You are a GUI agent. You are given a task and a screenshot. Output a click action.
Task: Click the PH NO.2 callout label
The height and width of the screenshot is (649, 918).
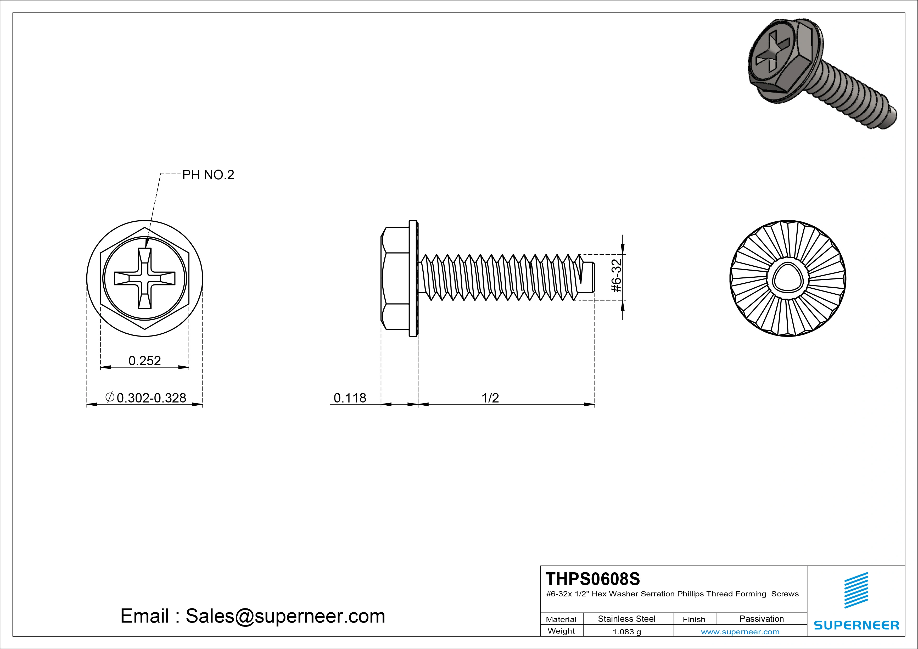[208, 175]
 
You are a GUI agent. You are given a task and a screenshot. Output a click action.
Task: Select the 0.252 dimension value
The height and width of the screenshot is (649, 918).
[144, 361]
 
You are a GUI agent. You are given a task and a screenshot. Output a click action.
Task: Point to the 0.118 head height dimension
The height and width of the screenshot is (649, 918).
[350, 398]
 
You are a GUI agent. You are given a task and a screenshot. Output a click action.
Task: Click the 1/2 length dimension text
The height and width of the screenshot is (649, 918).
[490, 398]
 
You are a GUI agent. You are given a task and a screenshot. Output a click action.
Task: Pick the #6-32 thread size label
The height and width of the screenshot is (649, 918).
[617, 276]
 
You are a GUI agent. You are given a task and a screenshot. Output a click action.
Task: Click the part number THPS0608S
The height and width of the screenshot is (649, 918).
[592, 579]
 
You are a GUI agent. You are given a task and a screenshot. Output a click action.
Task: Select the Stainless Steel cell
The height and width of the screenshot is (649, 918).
[626, 619]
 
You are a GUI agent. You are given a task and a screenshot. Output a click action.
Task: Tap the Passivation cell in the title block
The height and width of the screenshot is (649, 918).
[761, 619]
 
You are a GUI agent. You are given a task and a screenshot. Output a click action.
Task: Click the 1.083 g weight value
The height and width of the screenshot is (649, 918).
[626, 632]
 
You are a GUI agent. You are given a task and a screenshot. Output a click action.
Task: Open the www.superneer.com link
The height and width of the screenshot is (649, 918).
[740, 632]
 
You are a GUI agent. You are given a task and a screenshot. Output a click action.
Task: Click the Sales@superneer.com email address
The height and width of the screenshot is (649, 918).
[285, 616]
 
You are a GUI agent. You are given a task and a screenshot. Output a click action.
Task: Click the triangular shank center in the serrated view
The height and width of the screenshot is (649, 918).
[787, 278]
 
